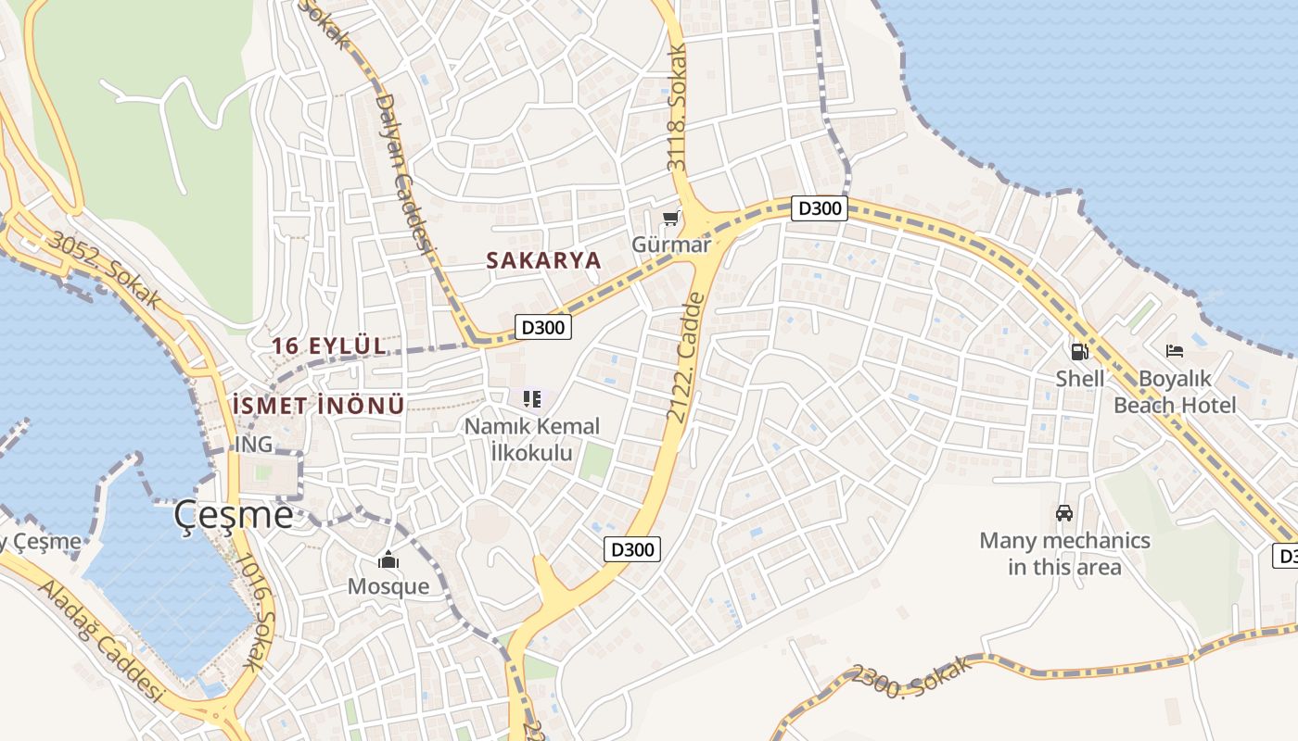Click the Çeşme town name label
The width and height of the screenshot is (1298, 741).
(x=235, y=515)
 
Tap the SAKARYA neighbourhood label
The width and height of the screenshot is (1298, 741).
(x=544, y=260)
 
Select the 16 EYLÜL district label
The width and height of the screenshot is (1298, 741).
(x=328, y=346)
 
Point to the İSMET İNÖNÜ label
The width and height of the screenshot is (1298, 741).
(x=318, y=406)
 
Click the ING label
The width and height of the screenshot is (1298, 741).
(x=253, y=445)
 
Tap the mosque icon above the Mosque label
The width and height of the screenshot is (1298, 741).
(x=388, y=559)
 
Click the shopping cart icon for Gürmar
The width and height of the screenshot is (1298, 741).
(x=670, y=219)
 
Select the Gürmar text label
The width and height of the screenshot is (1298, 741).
(x=670, y=245)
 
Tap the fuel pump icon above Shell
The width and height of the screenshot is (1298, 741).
(x=1079, y=351)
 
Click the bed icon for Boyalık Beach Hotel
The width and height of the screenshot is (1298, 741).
(x=1175, y=351)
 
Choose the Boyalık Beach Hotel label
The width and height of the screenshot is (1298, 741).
(x=1175, y=392)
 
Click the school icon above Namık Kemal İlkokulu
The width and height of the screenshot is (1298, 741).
(x=531, y=399)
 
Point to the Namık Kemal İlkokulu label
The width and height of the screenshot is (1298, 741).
(x=532, y=440)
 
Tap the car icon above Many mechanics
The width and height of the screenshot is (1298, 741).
(x=1064, y=512)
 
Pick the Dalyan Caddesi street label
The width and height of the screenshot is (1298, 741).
(x=406, y=172)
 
